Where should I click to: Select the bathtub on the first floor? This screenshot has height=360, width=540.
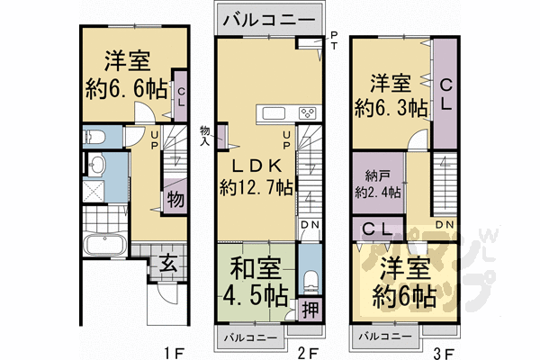point(105,246)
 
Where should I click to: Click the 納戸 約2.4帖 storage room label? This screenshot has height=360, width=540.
point(377,184)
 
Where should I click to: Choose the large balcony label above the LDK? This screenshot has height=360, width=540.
point(268,18)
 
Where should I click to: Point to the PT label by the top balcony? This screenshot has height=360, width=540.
point(334,41)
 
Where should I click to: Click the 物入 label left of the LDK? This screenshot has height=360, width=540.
point(205,135)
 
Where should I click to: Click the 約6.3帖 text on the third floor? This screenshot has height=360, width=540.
point(389,108)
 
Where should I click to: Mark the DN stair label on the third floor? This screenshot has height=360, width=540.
point(443,222)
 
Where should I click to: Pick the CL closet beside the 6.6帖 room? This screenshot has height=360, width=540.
point(179,98)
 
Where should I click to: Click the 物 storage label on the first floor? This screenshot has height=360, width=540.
point(175,199)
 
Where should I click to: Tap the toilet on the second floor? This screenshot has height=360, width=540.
point(308,277)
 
